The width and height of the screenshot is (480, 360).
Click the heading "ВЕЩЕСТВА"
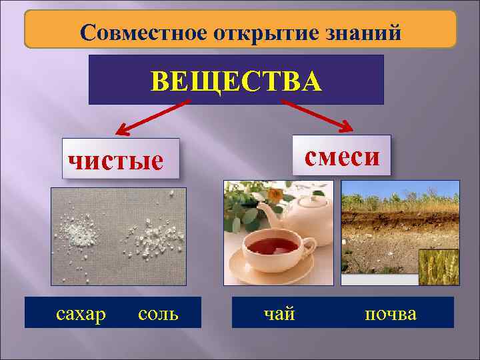coord(236,81)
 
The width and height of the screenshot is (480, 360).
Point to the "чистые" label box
coord(121,159)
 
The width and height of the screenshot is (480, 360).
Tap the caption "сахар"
coord(81,313)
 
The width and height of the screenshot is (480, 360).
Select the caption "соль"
coord(158,313)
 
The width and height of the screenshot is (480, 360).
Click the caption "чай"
coord(279,313)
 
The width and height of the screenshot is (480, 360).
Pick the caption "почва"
coord(390,313)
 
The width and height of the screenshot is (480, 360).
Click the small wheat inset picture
coord(439,267)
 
